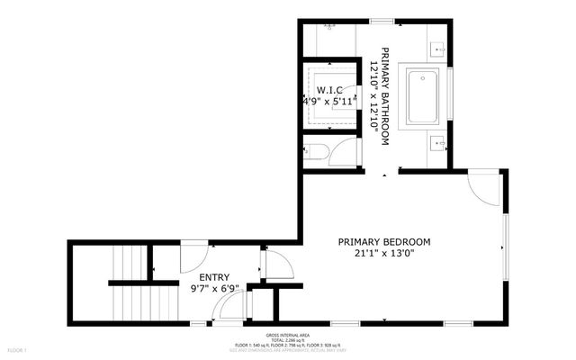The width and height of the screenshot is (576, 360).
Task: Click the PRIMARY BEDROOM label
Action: [x=384, y=242]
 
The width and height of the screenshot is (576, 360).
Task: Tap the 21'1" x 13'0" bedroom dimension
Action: [x=384, y=255]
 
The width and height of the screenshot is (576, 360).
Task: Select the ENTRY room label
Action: [x=214, y=277]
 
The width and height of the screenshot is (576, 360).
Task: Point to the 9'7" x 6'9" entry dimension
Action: [x=214, y=289]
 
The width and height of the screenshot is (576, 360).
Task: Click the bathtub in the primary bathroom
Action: [x=423, y=96]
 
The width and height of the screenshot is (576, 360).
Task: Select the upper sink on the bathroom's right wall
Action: [x=437, y=47]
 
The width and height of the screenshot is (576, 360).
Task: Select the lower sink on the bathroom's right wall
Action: [x=437, y=141]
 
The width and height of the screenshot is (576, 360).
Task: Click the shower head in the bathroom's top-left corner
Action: [x=328, y=27]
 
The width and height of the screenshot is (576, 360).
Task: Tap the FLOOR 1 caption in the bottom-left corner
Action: [x=17, y=349]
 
